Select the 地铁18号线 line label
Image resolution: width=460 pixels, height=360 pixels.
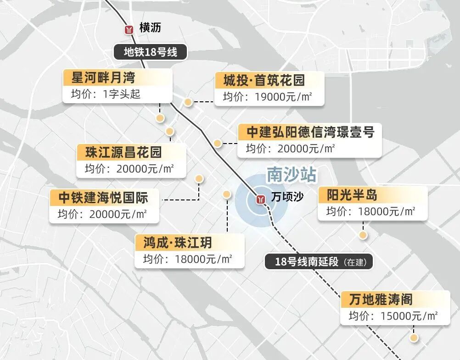(x=150, y=52)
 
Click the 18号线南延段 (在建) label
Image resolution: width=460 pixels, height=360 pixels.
(x=319, y=262)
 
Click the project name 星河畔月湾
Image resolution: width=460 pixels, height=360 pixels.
(x=103, y=78)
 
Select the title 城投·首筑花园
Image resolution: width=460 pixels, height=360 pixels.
(x=264, y=81)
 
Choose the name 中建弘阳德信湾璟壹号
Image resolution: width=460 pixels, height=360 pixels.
(x=310, y=132)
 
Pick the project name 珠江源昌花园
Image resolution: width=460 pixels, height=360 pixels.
(x=123, y=151)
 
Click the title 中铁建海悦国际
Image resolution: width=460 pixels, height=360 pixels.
(x=103, y=198)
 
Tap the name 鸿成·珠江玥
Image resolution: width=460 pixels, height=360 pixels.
(x=177, y=242)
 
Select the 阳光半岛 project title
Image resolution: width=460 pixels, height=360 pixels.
(x=352, y=195)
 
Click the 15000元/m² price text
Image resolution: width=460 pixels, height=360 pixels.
(x=409, y=316)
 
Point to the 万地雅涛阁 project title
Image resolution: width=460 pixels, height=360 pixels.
(x=381, y=300)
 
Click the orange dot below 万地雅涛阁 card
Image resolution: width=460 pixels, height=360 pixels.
(x=414, y=338)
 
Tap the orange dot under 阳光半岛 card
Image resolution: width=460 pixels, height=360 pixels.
(x=363, y=235)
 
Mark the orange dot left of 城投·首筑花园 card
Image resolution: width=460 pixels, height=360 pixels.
(x=188, y=102)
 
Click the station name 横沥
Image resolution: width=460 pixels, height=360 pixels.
(x=150, y=28)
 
